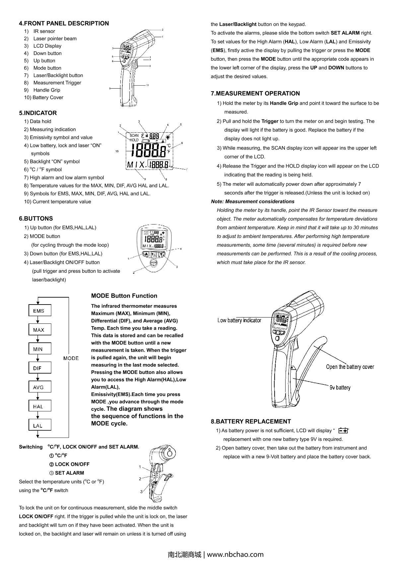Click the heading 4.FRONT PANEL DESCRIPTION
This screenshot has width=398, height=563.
tap(64, 23)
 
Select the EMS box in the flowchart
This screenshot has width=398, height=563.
tap(38, 311)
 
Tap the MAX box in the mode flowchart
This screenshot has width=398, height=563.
tap(38, 330)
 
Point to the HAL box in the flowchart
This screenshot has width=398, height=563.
tap(38, 406)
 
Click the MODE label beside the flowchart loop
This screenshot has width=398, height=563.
tap(71, 358)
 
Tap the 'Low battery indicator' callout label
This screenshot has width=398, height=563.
tap(239, 320)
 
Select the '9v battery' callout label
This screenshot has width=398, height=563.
tap(340, 387)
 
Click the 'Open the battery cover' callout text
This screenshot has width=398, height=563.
tap(350, 367)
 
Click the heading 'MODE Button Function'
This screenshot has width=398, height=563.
tap(124, 296)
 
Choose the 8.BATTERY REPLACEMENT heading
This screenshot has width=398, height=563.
tap(251, 421)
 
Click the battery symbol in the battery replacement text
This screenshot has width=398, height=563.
tap(343, 431)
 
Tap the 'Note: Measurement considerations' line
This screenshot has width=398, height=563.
tap(252, 201)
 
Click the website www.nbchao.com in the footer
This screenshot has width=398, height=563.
tap(235, 554)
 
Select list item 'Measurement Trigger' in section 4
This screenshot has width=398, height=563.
tap(57, 83)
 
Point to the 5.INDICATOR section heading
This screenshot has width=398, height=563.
tap(38, 113)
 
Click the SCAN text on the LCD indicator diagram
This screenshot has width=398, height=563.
tap(134, 135)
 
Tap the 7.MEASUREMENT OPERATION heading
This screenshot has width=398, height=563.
tap(255, 93)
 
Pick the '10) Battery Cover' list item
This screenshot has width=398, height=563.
tap(43, 97)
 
